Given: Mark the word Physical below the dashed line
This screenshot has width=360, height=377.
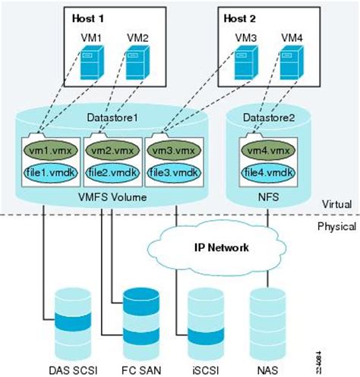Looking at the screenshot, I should pos(335,227).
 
